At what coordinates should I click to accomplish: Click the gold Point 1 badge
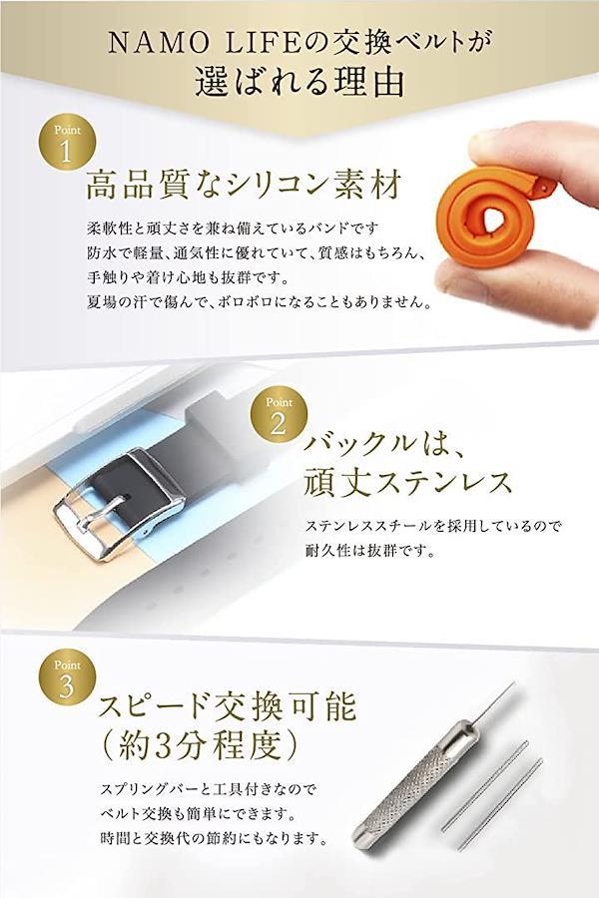click(67, 142)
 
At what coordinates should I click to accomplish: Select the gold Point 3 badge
click(67, 676)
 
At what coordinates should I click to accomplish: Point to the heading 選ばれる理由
click(299, 83)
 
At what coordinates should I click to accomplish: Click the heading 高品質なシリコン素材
click(245, 185)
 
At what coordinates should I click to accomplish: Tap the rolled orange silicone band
click(489, 216)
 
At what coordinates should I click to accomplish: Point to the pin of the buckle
click(101, 514)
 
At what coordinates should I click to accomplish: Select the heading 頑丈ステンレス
click(406, 482)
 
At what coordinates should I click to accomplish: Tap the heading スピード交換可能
click(227, 707)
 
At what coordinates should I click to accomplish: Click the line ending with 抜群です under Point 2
click(369, 551)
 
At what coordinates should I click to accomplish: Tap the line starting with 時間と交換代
click(214, 839)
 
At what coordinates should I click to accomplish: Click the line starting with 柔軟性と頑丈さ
click(233, 228)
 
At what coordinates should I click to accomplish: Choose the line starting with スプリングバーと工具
click(208, 790)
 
